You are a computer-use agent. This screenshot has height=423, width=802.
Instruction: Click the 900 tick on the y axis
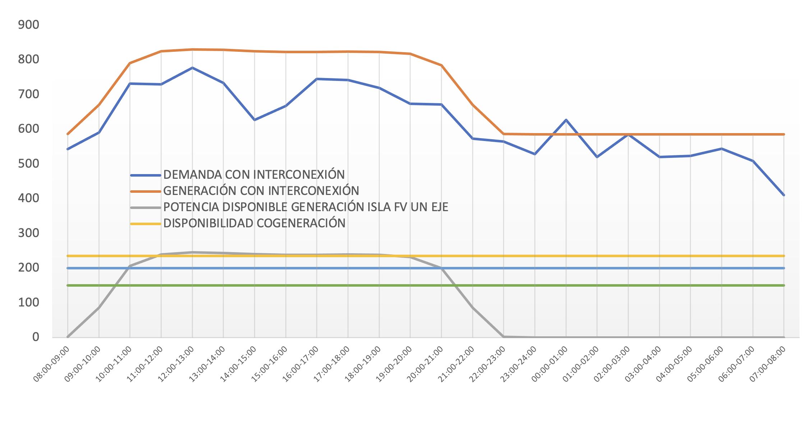coord(28,25)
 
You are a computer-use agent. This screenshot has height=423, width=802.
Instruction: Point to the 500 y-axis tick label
coord(28,164)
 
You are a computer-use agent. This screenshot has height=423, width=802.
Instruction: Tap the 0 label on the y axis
coord(36,337)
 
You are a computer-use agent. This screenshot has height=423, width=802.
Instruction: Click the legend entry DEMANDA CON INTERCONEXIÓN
coord(254,175)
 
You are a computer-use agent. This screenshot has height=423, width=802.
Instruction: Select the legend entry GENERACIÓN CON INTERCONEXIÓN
coord(261,191)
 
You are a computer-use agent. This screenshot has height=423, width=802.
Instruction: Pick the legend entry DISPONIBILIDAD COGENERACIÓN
coord(254,223)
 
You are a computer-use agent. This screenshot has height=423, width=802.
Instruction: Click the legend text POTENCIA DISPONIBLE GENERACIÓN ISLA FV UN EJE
coord(305,207)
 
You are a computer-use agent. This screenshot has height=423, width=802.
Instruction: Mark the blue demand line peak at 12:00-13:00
coord(192,68)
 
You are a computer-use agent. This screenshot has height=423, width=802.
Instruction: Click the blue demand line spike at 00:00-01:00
coord(566,120)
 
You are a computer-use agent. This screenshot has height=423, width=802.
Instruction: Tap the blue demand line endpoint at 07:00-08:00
coord(784,195)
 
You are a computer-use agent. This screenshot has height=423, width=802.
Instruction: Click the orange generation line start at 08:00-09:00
coord(68,134)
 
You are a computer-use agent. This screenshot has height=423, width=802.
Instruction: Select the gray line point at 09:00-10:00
coord(99,308)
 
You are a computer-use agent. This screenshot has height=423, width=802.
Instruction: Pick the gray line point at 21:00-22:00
coord(473,308)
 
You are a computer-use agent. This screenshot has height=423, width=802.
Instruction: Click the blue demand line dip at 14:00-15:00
coord(254,120)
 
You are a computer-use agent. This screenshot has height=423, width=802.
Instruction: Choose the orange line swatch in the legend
coord(146,191)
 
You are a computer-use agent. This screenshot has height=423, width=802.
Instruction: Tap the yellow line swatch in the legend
coord(146,224)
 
